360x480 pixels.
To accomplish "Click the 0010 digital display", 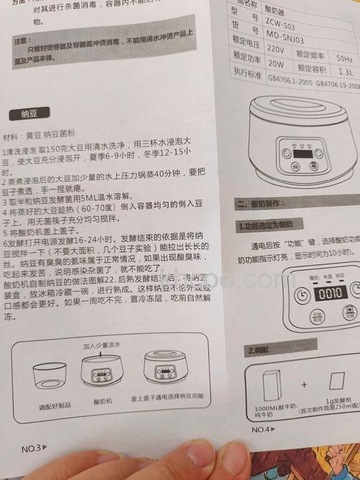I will coord(330,295).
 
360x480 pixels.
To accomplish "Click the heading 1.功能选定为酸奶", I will coord(266,226).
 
